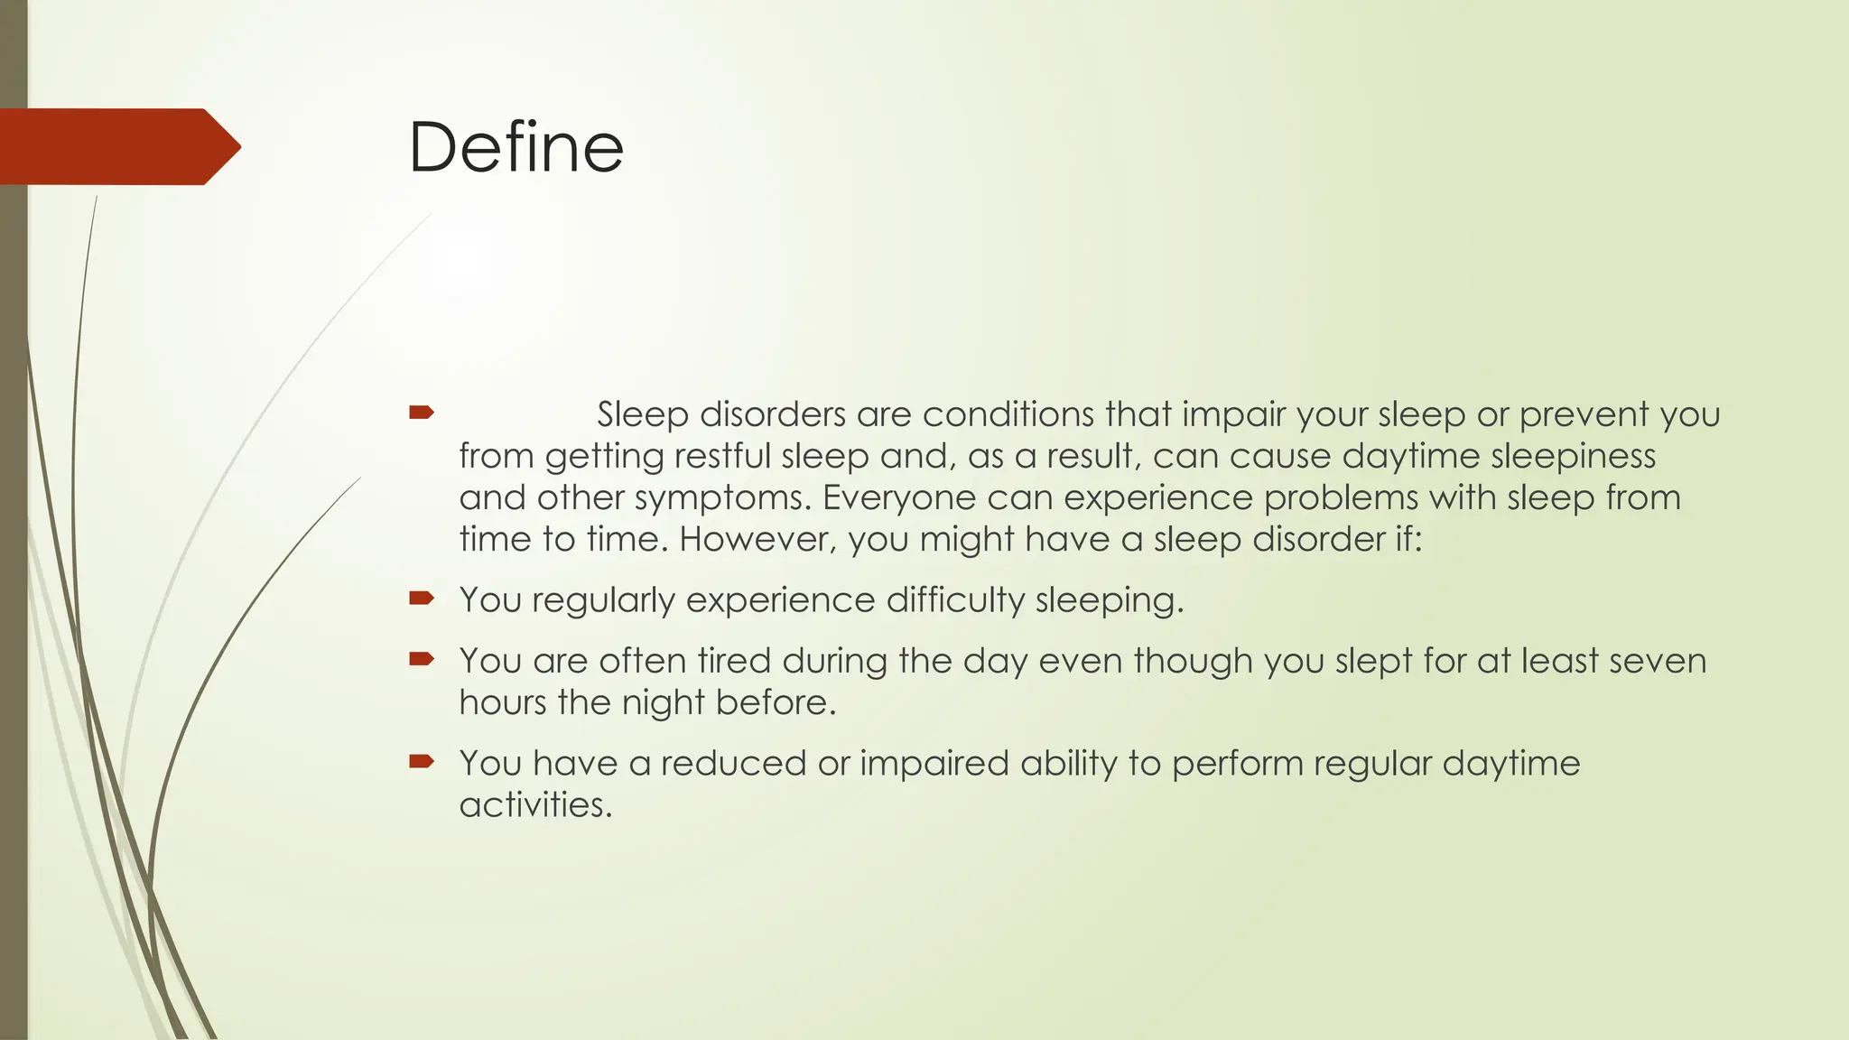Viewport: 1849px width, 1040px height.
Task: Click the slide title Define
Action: point(516,147)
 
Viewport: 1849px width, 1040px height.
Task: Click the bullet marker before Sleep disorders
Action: point(421,413)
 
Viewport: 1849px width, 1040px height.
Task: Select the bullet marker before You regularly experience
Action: point(421,598)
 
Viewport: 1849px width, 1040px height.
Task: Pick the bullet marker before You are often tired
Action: point(421,659)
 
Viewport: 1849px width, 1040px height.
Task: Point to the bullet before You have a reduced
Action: point(421,761)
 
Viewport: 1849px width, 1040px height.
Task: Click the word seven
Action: point(1658,661)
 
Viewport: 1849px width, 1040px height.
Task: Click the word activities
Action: point(535,804)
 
